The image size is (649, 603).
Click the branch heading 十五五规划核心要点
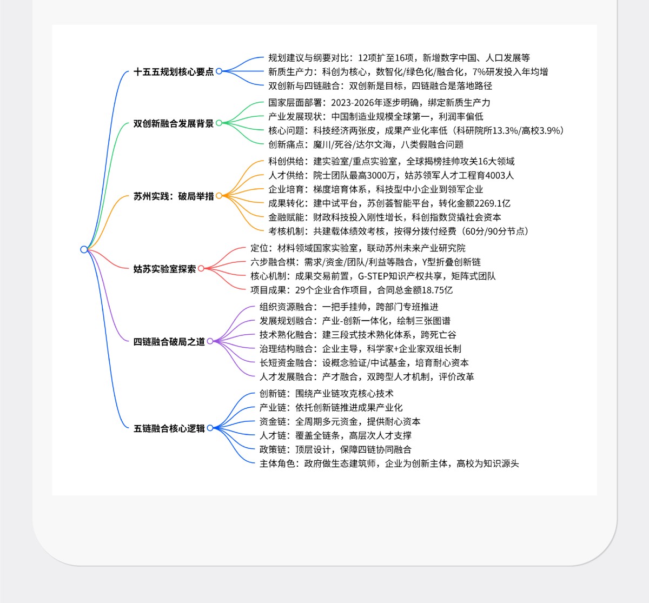coord(174,71)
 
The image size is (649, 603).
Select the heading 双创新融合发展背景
coord(174,123)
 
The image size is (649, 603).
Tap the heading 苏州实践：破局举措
coord(174,196)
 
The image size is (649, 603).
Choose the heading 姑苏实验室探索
coord(164,269)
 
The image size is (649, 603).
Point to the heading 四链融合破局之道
coord(169,341)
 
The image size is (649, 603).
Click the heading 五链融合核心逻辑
coord(169,428)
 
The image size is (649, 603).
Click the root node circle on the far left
coord(84,249)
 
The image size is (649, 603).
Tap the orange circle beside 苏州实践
coord(219,196)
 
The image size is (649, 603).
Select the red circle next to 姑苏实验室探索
coord(201,269)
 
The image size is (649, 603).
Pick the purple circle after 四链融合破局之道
coord(210,341)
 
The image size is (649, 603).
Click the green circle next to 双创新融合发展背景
coord(219,123)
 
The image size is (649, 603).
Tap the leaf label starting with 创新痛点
coord(366,144)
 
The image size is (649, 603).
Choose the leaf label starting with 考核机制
coord(399,231)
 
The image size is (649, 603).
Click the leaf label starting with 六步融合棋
coord(366,262)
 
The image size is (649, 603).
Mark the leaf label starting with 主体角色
coord(389,463)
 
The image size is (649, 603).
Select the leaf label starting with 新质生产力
coord(408,72)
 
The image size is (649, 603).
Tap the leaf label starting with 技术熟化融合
coord(357,335)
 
